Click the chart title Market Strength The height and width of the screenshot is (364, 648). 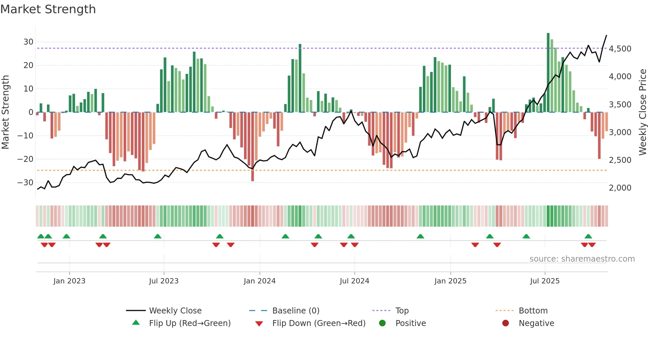[48, 9]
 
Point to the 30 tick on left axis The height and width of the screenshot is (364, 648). [28, 42]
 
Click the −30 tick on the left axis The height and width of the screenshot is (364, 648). [25, 182]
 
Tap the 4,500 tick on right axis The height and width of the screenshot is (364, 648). [620, 49]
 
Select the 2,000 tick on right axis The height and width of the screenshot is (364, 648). [620, 188]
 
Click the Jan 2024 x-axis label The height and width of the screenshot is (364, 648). [260, 281]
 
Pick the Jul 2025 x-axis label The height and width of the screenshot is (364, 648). [545, 281]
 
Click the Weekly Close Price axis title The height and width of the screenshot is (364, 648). [642, 112]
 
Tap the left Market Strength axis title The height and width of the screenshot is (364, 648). [6, 112]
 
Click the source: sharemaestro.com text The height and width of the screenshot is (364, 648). [582, 259]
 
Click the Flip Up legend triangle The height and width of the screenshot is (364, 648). [136, 323]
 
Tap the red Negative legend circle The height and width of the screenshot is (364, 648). [506, 323]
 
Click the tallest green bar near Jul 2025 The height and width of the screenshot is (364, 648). [548, 73]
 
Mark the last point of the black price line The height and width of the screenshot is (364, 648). [606, 35]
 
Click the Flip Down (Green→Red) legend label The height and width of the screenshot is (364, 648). [319, 323]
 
